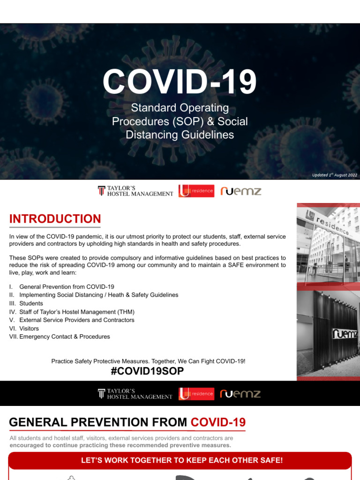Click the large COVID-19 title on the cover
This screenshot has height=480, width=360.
click(180, 82)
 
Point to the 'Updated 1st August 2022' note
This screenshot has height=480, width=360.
click(334, 175)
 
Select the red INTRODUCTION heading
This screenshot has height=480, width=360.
click(55, 219)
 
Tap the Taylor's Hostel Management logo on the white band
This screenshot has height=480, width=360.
click(135, 191)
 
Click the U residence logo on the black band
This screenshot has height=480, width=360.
click(196, 394)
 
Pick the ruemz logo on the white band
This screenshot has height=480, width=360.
click(240, 191)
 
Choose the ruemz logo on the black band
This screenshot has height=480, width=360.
click(240, 394)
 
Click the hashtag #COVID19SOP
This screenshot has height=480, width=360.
click(147, 371)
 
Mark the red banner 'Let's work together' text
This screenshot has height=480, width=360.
click(182, 460)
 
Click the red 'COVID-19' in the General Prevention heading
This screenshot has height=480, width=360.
click(218, 422)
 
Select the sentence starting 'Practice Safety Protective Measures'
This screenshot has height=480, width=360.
click(148, 361)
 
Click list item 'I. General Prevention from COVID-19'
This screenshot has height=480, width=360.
click(61, 286)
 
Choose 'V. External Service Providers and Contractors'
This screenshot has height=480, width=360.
click(72, 320)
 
